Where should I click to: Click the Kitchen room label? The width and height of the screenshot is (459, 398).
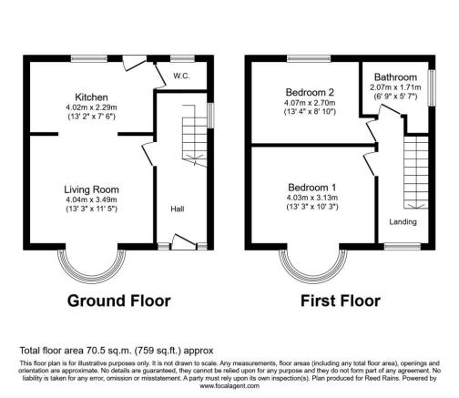pos(92,97)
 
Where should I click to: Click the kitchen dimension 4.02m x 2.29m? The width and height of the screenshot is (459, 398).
pos(92,107)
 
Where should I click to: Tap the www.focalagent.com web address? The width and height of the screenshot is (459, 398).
pos(229,385)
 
